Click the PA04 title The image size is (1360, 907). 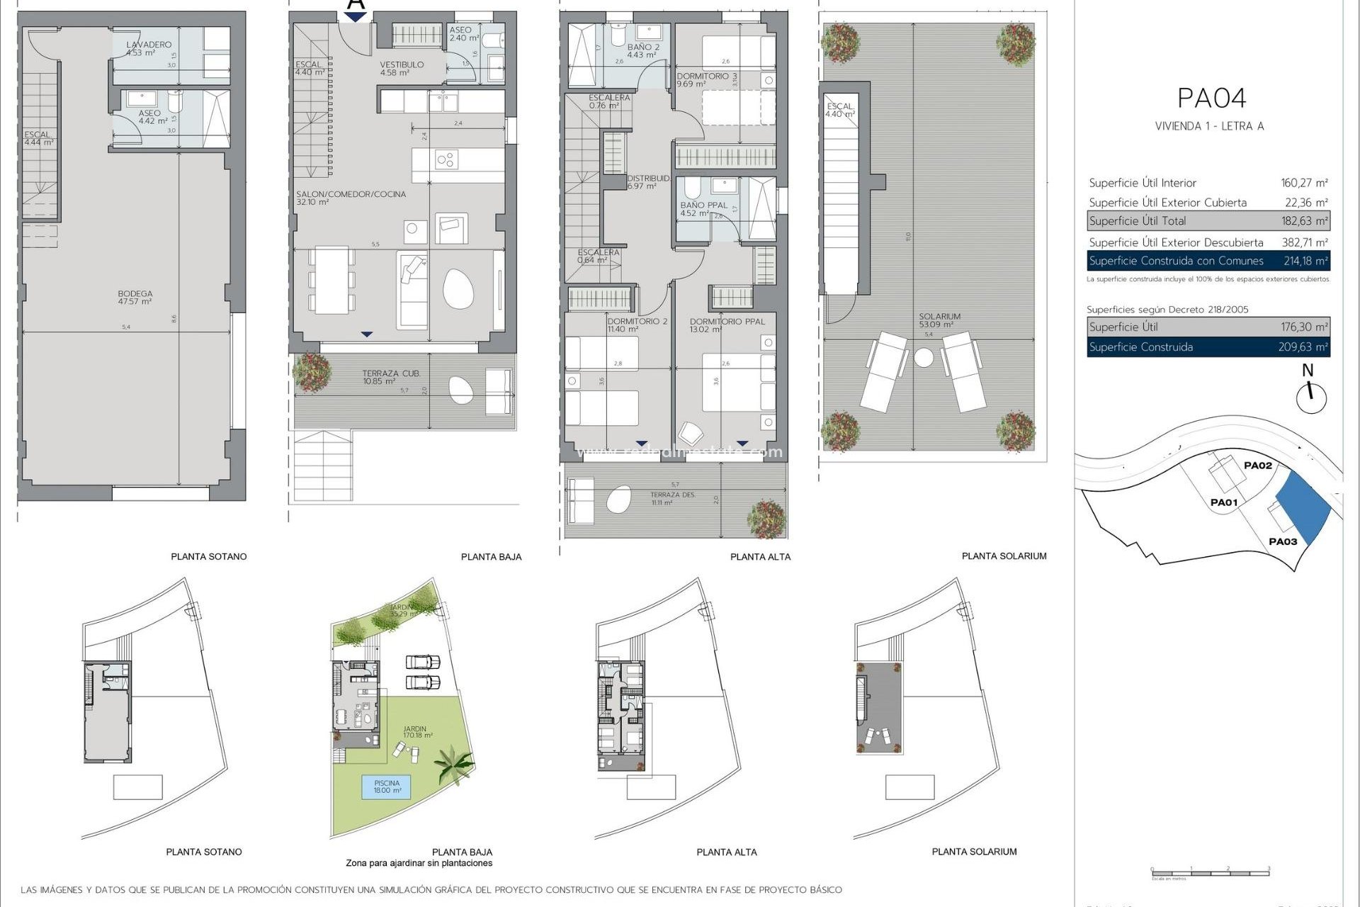[1211, 98]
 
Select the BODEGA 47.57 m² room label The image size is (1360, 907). [135, 298]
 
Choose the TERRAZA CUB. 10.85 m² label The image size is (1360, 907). [390, 377]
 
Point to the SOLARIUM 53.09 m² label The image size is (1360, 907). [939, 320]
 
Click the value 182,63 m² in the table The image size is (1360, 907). [1304, 221]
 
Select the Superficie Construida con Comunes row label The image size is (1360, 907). [1176, 261]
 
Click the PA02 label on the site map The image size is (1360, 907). [1257, 466]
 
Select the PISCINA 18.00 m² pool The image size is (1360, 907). [387, 787]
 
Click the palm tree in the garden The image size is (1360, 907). [452, 766]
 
